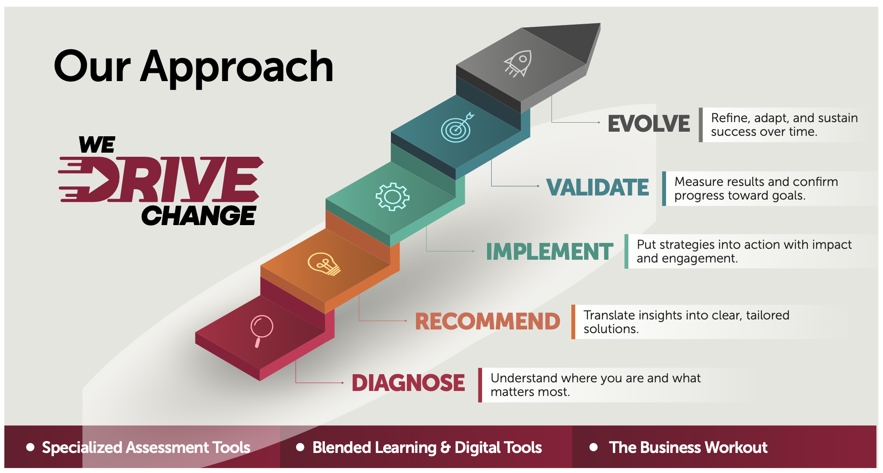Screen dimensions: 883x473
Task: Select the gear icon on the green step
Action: (392, 197)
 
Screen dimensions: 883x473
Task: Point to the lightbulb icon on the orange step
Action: (324, 264)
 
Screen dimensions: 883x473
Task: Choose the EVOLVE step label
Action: (649, 123)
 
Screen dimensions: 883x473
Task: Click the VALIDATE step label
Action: (597, 187)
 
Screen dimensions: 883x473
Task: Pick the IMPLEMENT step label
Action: (549, 252)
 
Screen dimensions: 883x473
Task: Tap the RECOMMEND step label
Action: (488, 321)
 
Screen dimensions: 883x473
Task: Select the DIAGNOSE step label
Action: (408, 383)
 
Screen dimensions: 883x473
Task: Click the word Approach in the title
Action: (237, 67)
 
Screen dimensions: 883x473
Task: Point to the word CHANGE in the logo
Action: (199, 216)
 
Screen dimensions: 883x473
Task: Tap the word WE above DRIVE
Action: (97, 145)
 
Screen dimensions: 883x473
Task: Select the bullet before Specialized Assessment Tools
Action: (31, 447)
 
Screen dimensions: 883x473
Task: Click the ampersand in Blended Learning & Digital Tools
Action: (446, 448)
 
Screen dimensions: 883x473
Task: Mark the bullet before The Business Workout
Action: (594, 447)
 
